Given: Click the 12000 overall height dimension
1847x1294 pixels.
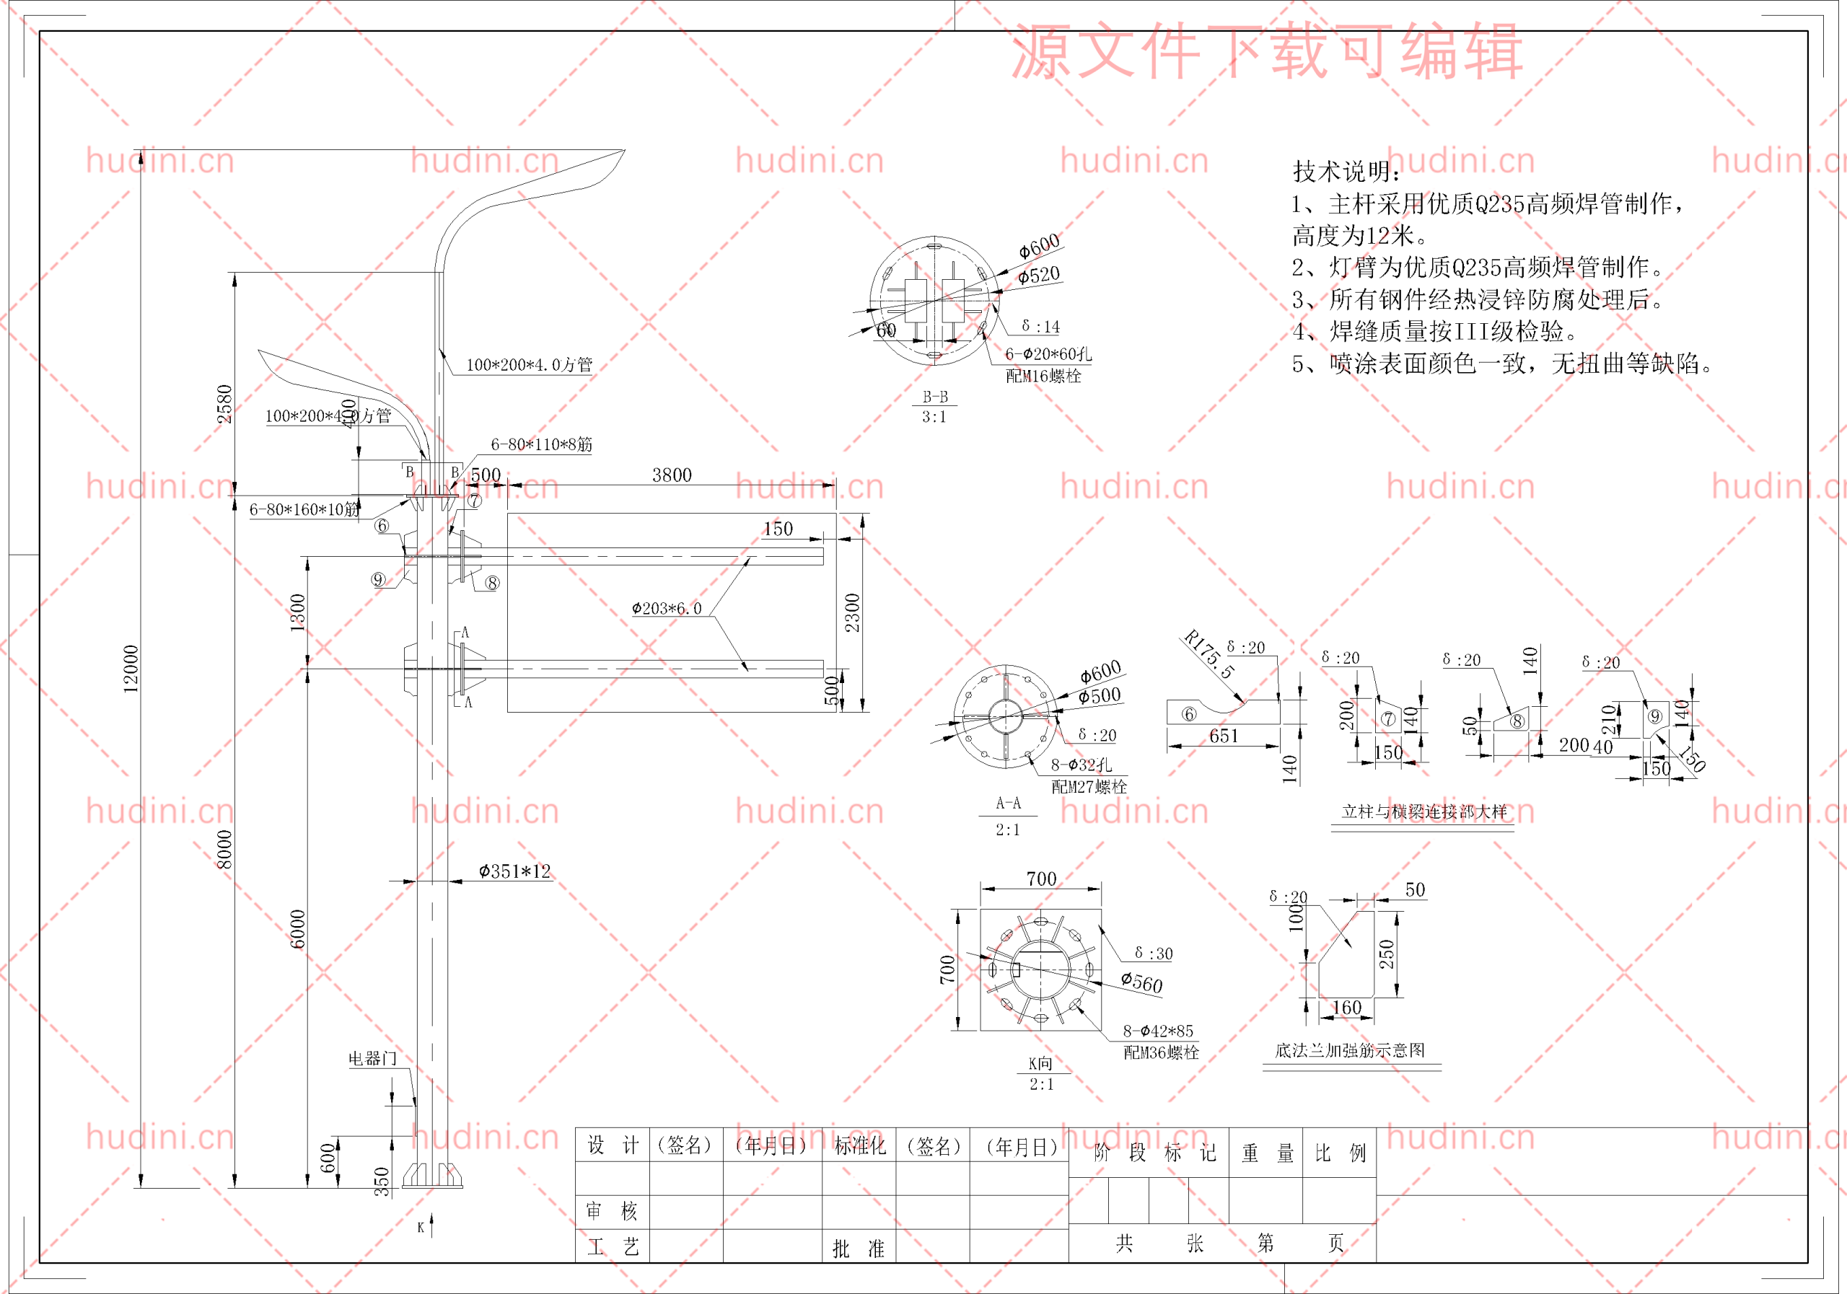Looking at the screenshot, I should click(131, 669).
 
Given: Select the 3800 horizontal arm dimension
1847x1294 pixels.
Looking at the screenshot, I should click(672, 475).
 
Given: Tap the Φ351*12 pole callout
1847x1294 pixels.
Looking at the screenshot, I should click(515, 871).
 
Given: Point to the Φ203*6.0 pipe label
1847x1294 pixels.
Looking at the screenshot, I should click(666, 609).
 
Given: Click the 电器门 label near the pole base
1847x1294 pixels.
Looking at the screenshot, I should click(372, 1058).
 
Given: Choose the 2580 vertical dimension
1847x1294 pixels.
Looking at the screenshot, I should click(224, 404).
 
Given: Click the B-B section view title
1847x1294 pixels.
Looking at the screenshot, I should click(935, 397).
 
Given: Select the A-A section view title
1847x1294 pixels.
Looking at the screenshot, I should click(1008, 804).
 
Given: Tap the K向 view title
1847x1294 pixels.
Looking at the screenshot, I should click(1040, 1063).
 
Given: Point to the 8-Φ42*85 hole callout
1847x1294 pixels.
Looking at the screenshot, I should click(1159, 1031).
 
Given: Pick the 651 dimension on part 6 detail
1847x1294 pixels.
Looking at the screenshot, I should click(1224, 736).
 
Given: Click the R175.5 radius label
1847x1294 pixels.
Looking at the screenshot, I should click(1208, 655).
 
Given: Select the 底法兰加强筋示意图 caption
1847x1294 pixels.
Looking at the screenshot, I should click(1350, 1050).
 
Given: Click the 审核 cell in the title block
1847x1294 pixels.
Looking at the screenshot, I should click(613, 1210).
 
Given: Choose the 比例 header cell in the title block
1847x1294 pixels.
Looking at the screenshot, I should click(1341, 1153).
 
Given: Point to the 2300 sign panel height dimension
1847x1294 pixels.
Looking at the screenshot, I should click(853, 613).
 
